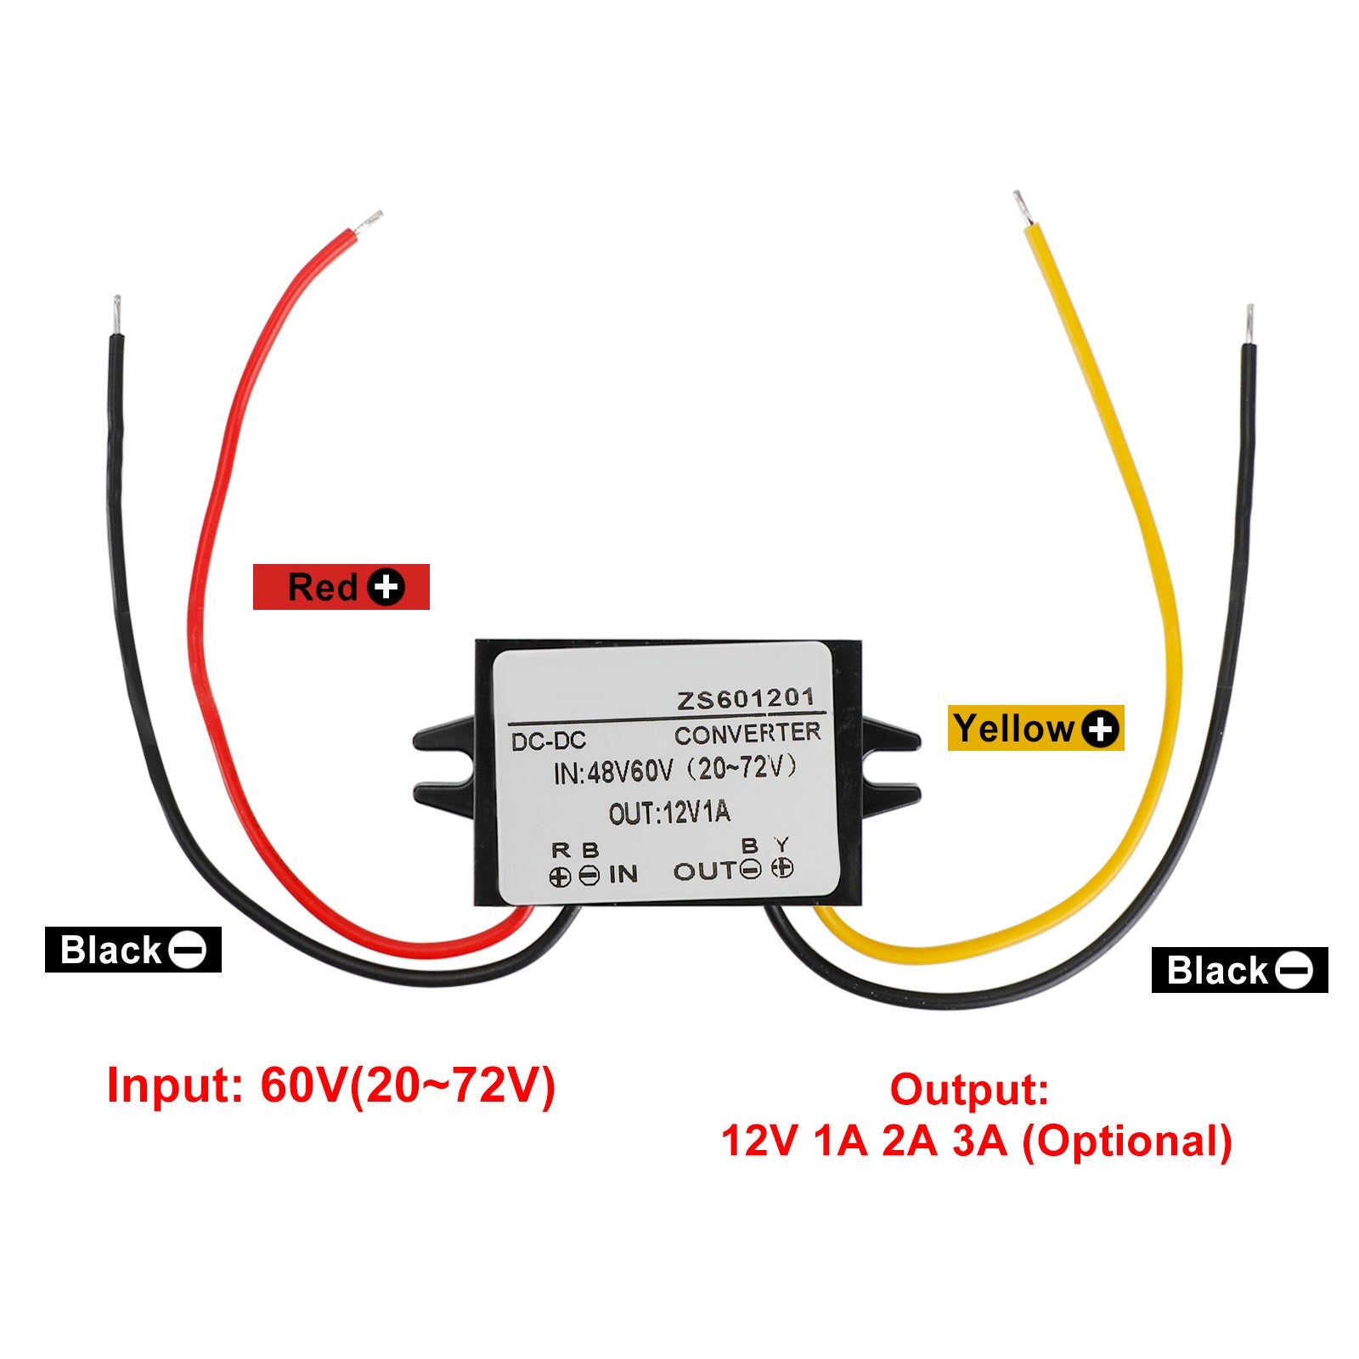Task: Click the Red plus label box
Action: [341, 587]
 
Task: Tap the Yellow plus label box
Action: [1035, 729]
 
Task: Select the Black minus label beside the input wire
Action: [133, 950]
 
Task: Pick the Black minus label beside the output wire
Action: [1239, 970]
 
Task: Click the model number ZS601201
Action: [745, 700]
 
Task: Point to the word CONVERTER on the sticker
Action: [747, 733]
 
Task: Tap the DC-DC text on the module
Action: [549, 741]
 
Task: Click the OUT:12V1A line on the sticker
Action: [669, 813]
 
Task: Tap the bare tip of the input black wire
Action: [117, 315]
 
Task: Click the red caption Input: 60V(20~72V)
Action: [331, 1085]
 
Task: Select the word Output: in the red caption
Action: [969, 1090]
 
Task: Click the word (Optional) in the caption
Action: [1126, 1141]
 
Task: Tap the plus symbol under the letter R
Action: [560, 877]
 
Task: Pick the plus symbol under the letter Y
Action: [783, 868]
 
